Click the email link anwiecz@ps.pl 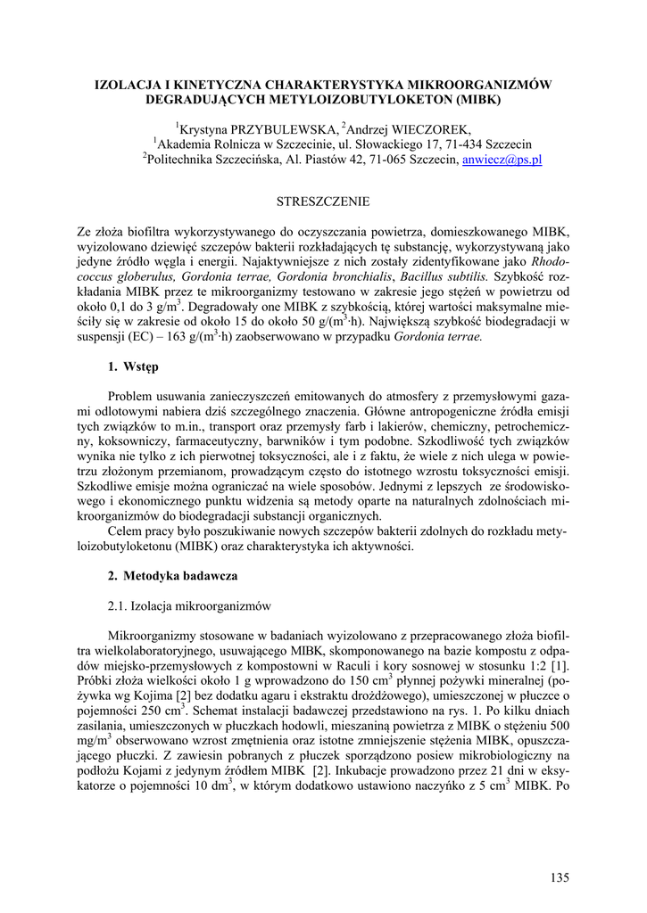[x=502, y=160]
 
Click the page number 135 [x=560, y=878]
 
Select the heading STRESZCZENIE [x=324, y=202]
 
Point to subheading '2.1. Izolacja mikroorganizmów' [x=188, y=606]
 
